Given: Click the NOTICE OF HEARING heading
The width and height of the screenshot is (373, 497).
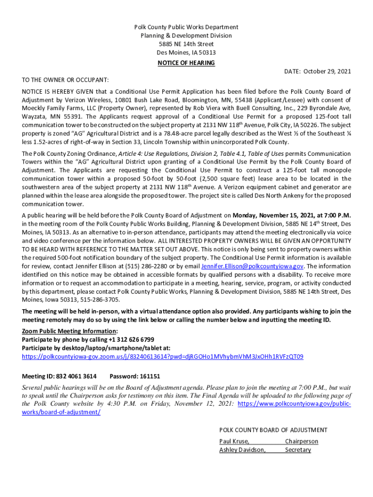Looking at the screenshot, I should pos(186,63).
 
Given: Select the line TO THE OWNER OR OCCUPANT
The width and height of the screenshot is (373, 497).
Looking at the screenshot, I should pos(65,80).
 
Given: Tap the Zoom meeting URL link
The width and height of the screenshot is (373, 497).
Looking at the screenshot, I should pos(163,357).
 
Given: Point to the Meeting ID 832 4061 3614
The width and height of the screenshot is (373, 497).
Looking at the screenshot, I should pos(59,376).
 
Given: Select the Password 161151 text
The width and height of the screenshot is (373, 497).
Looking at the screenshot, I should pos(135,376).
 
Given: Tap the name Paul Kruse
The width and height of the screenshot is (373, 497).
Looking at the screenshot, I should pos(234,441).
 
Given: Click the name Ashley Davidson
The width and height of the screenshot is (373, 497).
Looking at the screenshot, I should pos(242,450).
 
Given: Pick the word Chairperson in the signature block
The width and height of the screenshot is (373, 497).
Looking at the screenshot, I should pos(301,441).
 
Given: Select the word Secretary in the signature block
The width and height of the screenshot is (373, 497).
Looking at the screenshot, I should pos(298,450).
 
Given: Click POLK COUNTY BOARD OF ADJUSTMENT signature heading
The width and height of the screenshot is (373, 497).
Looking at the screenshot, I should pos(273,430).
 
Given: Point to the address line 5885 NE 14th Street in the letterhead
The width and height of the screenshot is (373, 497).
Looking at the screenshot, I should pos(186,44).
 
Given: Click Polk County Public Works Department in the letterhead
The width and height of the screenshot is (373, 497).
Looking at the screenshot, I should pos(186,27).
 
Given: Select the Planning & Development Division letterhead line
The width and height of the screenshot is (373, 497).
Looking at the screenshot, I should pos(186,35).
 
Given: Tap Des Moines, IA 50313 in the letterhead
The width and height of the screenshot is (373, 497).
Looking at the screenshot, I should pos(186,52).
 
